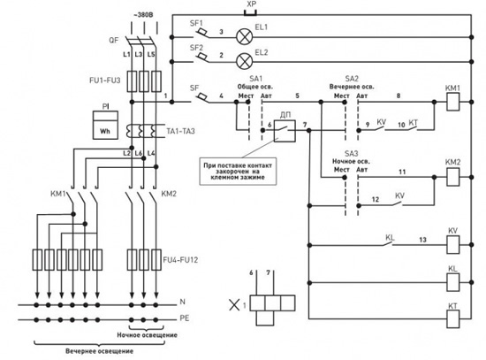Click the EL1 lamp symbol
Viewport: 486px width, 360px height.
244,37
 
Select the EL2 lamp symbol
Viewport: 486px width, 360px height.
244,61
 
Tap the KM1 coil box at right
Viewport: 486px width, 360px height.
452,102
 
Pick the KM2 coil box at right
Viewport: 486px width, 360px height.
452,177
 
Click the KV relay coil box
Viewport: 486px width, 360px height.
452,244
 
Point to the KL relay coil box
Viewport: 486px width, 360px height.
452,282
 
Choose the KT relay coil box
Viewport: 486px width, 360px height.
452,319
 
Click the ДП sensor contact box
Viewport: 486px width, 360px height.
285,131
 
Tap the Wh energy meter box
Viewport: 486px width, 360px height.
105,125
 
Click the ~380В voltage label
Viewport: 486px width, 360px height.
143,15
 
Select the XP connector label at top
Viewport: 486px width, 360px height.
251,4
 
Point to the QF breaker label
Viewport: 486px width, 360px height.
113,40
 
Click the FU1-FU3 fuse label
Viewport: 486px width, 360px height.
105,80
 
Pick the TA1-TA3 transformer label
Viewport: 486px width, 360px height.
180,131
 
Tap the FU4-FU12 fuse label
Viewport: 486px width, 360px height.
180,260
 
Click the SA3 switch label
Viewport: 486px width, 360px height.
351,153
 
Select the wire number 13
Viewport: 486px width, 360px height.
422,240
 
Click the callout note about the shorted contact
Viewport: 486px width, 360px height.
238,172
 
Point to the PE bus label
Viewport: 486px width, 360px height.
184,318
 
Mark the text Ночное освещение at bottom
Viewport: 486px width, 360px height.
147,335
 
